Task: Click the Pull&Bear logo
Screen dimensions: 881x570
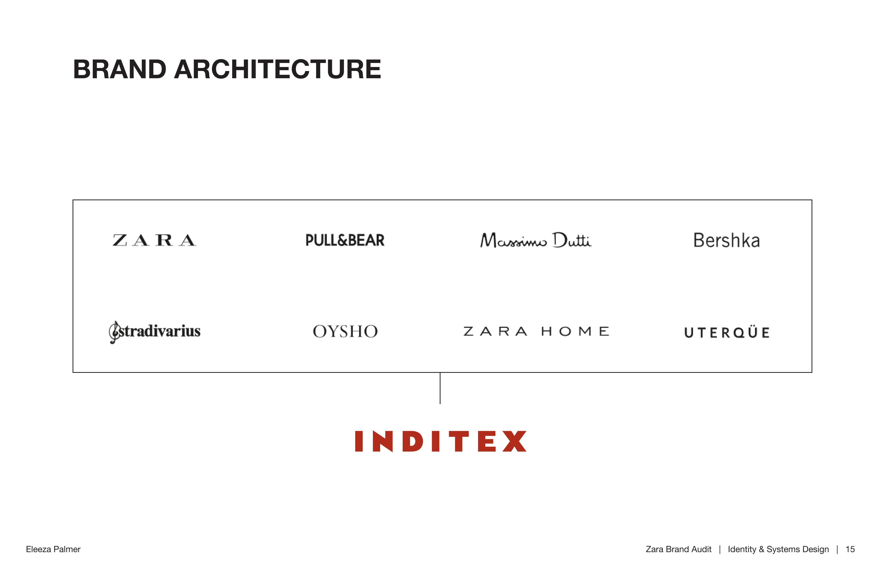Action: click(345, 240)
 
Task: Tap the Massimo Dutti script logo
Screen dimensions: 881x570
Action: click(536, 240)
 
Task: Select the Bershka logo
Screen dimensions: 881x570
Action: click(727, 240)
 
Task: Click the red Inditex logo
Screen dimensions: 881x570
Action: click(440, 441)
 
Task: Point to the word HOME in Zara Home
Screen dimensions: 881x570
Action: click(575, 331)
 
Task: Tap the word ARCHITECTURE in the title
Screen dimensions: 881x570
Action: click(278, 69)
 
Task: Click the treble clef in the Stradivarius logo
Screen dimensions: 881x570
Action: click(114, 332)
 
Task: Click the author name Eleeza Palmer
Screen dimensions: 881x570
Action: click(53, 549)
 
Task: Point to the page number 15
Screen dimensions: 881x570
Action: click(850, 549)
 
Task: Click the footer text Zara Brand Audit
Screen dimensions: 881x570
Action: click(679, 549)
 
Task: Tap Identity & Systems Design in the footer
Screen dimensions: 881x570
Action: click(778, 550)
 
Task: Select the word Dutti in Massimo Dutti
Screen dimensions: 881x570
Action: click(572, 240)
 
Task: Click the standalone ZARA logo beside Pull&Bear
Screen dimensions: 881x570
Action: click(154, 240)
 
